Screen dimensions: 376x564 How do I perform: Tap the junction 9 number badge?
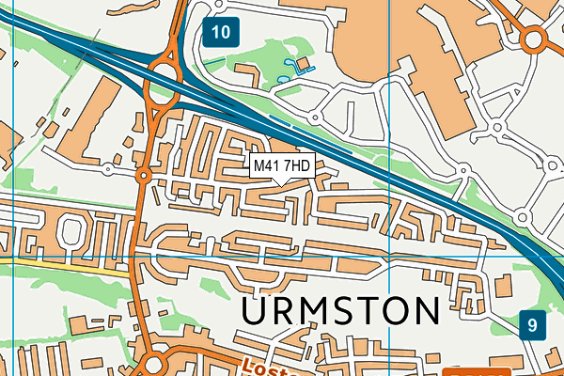click(532, 326)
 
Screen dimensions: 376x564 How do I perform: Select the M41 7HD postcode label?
click(282, 165)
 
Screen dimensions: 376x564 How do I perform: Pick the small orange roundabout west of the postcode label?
click(143, 176)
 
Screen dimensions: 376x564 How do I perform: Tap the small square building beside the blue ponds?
click(303, 63)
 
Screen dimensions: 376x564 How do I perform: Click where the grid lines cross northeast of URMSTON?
click(388, 256)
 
